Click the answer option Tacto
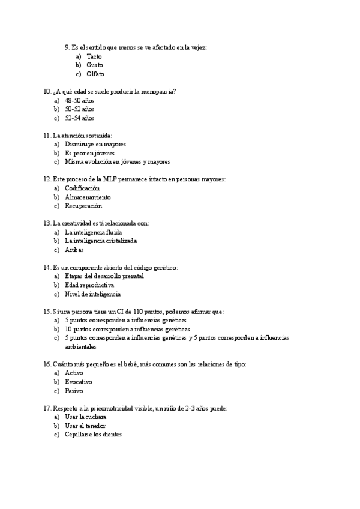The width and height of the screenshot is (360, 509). coord(94,56)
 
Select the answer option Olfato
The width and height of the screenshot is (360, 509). coord(95,74)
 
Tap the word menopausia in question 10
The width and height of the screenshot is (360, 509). coord(155,92)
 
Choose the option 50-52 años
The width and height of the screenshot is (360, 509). coord(80,109)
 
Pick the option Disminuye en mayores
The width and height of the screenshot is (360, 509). coord(95,144)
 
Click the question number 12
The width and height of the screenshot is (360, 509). coord(47,179)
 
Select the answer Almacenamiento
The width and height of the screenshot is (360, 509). coord(88,197)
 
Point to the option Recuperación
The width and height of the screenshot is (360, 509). coord(83,206)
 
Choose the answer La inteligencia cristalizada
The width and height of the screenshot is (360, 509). coord(101,241)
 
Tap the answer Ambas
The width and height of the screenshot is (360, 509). coord(74,250)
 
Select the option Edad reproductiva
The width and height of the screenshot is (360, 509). coord(89,285)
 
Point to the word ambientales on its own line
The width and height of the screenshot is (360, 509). coord(80,347)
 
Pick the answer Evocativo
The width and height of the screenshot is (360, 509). coord(79,382)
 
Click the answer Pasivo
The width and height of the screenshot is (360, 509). coord(74,391)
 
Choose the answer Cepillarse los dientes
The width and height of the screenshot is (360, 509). coord(93,435)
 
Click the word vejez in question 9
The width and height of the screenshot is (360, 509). coord(197,47)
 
